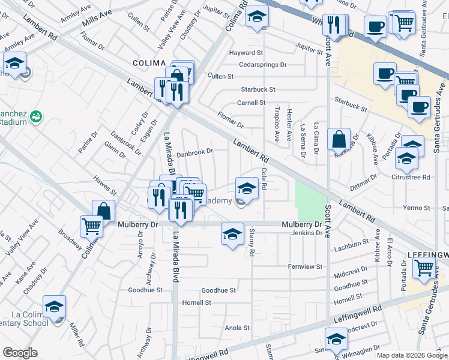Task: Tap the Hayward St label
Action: tap(246, 53)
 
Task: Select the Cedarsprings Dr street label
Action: tap(262, 64)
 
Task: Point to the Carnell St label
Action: tap(251, 103)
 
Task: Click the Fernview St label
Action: tap(305, 266)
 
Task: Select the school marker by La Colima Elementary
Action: tap(54, 307)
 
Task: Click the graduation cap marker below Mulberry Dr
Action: tap(232, 233)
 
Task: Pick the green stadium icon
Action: tap(35, 115)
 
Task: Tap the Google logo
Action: tap(20, 353)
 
